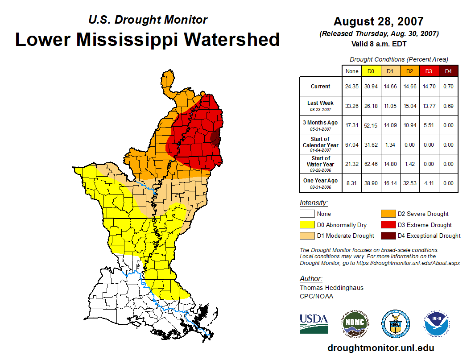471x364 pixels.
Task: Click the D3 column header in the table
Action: pos(429,71)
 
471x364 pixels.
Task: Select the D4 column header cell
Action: pos(448,71)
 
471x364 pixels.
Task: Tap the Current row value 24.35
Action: pos(352,87)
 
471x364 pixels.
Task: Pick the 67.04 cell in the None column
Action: pos(352,145)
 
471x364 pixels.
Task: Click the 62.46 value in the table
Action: pos(371,164)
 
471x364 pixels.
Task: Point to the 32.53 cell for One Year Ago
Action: pos(409,183)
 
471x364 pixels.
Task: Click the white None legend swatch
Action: pos(307,214)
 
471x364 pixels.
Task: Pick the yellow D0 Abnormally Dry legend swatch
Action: pos(307,225)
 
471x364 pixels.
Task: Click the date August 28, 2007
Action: pos(378,21)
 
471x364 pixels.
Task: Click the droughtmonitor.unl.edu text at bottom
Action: pos(380,348)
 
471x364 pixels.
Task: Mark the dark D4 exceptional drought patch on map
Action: pos(216,138)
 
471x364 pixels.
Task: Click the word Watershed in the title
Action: pos(232,39)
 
